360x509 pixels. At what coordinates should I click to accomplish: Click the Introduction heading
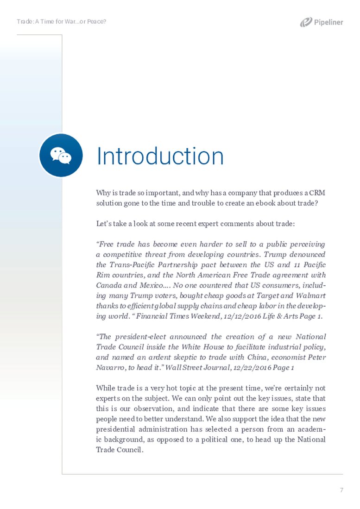tap(160, 156)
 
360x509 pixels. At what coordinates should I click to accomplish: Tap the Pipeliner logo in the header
tap(321, 22)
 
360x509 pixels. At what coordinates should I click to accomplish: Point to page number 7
tap(341, 490)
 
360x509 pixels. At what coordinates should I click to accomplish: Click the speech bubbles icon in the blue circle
tap(61, 156)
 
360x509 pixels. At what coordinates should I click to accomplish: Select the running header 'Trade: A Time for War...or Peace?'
tap(62, 22)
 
